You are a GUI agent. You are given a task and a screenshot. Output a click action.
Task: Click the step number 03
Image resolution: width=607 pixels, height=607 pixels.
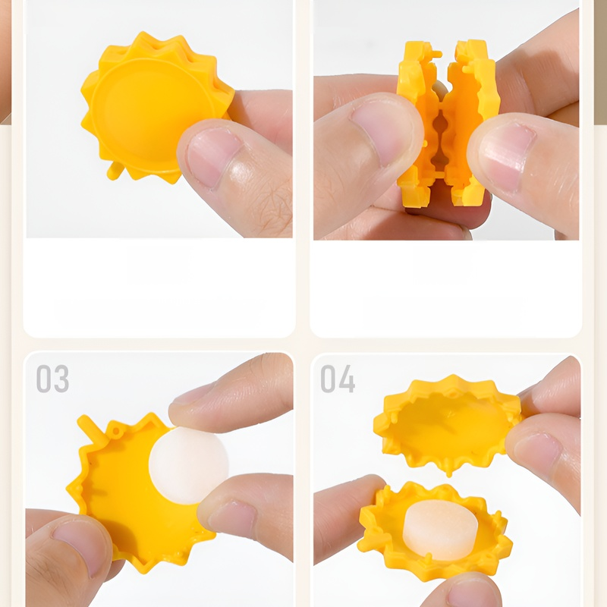tap(52, 378)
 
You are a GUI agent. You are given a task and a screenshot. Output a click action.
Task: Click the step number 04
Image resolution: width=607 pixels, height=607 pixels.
tap(338, 379)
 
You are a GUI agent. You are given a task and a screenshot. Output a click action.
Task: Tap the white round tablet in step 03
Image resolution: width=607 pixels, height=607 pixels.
tap(188, 465)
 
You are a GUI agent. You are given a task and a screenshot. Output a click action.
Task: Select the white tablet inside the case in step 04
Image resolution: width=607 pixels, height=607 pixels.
tap(440, 530)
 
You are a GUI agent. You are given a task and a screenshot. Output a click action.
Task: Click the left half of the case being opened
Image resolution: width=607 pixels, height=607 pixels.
tap(420, 124)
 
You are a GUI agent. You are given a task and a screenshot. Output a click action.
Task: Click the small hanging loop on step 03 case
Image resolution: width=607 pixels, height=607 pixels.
tap(115, 430)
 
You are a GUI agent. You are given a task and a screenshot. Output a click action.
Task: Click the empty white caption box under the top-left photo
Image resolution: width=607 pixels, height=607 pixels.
tap(159, 288)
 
